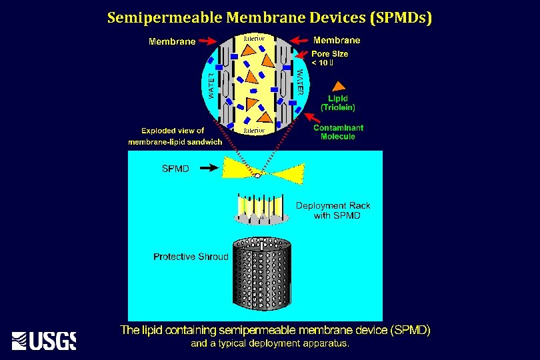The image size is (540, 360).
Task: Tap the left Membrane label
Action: (172, 41)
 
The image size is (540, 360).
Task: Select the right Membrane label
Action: (337, 40)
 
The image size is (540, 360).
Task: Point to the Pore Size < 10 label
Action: (329, 58)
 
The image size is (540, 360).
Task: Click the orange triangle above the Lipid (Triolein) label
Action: (339, 85)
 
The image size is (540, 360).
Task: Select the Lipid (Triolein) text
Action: (338, 103)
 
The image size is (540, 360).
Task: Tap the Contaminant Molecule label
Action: (338, 132)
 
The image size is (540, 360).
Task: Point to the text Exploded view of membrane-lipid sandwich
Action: (175, 136)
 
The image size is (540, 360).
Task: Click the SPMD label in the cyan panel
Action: (175, 169)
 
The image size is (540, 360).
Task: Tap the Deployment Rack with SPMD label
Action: (333, 210)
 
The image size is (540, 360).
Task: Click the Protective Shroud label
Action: (191, 257)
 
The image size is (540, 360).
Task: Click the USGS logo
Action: (44, 340)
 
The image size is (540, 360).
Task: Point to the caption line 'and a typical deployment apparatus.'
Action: (270, 344)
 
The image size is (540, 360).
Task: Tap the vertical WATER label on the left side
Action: (212, 84)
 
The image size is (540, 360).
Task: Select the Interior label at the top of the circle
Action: (254, 39)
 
